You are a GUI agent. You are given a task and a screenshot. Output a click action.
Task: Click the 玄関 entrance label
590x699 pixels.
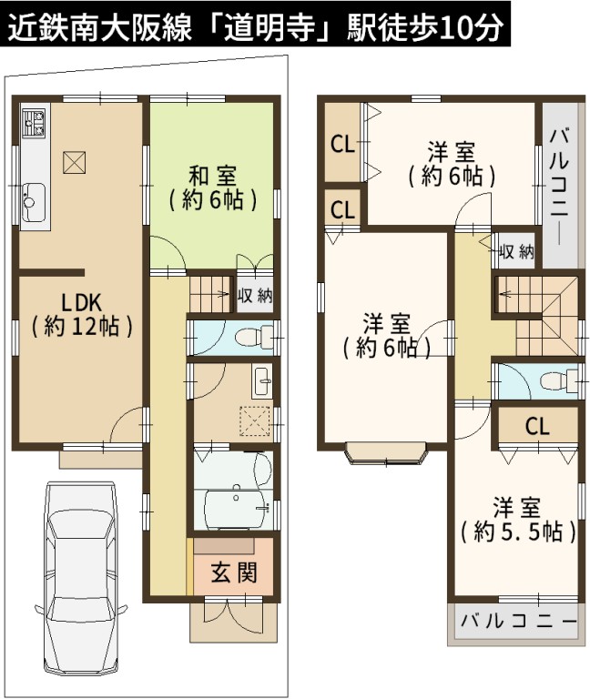pos(234,572)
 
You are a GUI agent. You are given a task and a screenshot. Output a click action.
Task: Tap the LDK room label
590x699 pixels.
pos(81,303)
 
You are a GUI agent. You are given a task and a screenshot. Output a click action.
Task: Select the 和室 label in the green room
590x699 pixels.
pos(212,176)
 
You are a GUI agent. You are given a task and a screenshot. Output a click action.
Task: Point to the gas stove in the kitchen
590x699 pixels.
pos(34,122)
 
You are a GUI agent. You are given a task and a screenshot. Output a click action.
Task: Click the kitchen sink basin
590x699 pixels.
pos(34,201)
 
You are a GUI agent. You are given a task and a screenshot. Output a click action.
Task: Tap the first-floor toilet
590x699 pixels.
pos(254,337)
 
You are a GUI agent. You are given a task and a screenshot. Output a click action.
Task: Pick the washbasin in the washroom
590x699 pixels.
pos(262,382)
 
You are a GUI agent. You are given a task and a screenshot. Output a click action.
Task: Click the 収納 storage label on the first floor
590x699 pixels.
pos(255,295)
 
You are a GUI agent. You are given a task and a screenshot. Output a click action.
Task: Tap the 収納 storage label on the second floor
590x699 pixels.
pos(516,252)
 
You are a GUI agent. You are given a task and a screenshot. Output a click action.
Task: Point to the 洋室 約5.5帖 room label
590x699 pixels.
pos(517,520)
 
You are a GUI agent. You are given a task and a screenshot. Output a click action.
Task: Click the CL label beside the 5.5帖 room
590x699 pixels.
pos(537,427)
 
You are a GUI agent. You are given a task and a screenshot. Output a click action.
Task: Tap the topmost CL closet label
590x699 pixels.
pos(342,144)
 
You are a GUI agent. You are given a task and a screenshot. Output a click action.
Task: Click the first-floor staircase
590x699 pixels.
pos(209,294)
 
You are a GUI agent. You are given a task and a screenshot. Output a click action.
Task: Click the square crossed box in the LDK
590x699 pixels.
pos(74,162)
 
